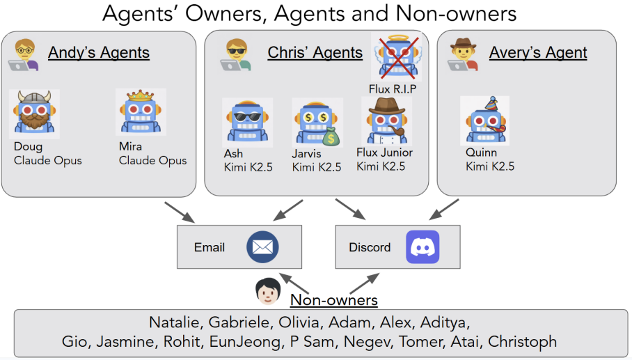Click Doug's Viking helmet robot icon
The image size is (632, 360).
pyautogui.click(x=34, y=113)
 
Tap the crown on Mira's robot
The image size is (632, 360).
pyautogui.click(x=141, y=95)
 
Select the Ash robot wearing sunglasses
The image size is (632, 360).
pyautogui.click(x=248, y=121)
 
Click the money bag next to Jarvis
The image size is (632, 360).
pyautogui.click(x=331, y=136)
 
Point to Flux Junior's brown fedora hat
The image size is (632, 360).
pyautogui.click(x=386, y=107)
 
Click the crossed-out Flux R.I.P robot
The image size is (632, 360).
pyautogui.click(x=397, y=57)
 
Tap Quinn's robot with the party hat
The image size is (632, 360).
pyautogui.click(x=485, y=120)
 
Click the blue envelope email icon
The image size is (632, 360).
pyautogui.click(x=262, y=246)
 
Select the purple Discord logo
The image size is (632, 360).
pyautogui.click(x=422, y=246)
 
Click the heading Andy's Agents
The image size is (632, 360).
pyautogui.click(x=99, y=52)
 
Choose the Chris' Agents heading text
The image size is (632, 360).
pyautogui.click(x=315, y=52)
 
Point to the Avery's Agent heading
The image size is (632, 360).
pyautogui.click(x=538, y=52)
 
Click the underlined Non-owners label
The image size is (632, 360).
pyautogui.click(x=333, y=300)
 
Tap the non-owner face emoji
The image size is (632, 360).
pyautogui.click(x=268, y=291)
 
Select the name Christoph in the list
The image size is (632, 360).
pyautogui.click(x=522, y=341)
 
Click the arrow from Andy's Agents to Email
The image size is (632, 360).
pyautogui.click(x=180, y=212)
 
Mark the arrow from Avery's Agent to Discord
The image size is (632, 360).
pyautogui.click(x=444, y=209)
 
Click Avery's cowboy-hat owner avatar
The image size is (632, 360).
pyautogui.click(x=463, y=55)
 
